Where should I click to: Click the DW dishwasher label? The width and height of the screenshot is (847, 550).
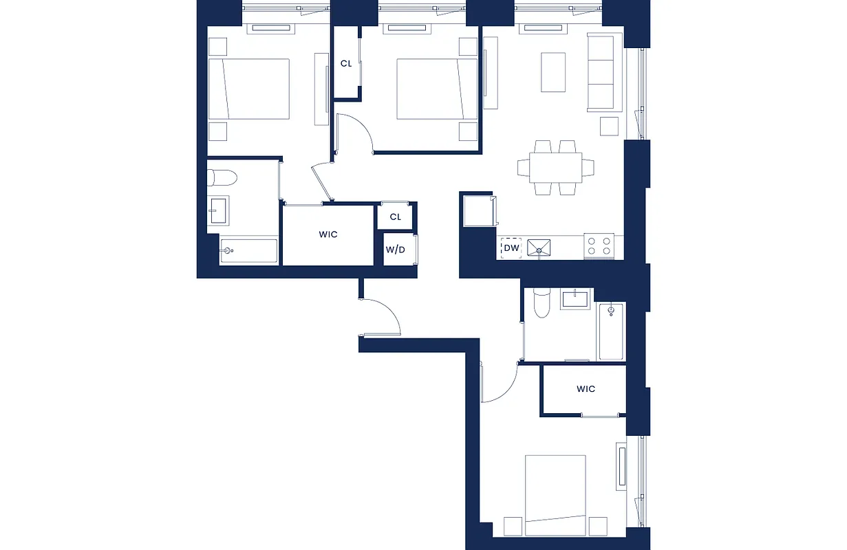[511, 248]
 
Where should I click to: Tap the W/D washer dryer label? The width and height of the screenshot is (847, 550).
[395, 249]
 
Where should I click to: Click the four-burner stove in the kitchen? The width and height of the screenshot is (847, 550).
[599, 245]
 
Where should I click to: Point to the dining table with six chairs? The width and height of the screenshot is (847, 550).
[555, 167]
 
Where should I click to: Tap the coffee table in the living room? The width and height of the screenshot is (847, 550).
[553, 71]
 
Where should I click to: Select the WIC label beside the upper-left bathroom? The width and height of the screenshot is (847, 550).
[328, 234]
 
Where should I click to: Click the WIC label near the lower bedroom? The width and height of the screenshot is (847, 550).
[586, 389]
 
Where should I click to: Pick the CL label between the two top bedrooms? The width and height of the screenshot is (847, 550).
[346, 64]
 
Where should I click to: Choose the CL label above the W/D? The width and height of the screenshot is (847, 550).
[395, 217]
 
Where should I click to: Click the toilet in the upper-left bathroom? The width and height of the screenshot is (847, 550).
[222, 179]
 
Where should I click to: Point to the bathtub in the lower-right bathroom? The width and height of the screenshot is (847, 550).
[611, 332]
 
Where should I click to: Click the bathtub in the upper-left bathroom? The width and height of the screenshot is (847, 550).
[249, 251]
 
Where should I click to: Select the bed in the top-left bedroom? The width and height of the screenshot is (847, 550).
[249, 89]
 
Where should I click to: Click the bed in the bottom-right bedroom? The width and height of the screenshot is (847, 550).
[555, 494]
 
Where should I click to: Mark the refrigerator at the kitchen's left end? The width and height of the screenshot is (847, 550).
[478, 210]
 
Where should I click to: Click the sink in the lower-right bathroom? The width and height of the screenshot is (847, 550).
[575, 299]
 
